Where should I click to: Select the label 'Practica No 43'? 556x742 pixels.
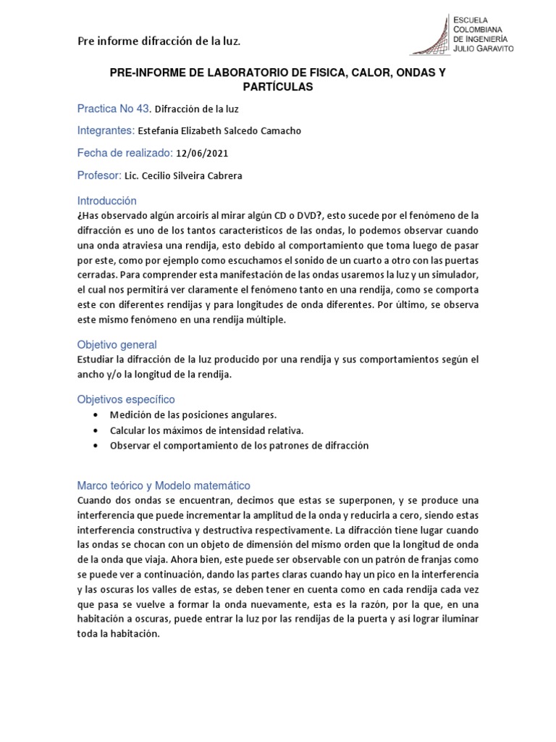(x=114, y=109)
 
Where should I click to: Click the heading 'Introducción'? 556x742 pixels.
(x=106, y=201)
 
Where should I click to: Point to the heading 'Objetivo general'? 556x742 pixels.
(x=117, y=344)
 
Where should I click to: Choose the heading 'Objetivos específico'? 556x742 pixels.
(x=126, y=399)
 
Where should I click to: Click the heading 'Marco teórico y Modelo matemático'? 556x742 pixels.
(x=164, y=485)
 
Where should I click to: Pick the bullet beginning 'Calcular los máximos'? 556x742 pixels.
(x=196, y=430)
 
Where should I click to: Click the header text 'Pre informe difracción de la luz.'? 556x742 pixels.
(x=159, y=41)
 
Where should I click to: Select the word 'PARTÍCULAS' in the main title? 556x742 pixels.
(x=277, y=87)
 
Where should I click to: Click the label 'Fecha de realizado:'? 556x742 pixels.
(x=125, y=153)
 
